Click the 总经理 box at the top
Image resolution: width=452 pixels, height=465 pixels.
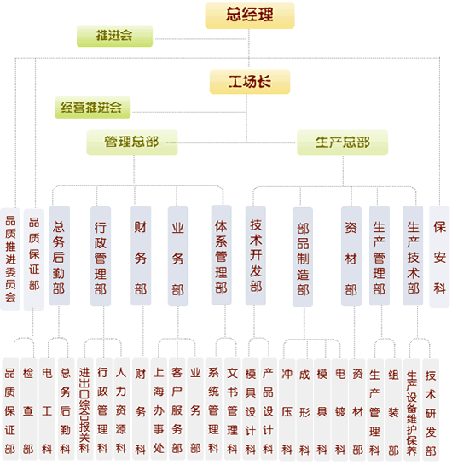point(250,15)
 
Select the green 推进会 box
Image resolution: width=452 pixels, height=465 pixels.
point(114,36)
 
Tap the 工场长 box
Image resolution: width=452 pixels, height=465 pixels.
point(250,82)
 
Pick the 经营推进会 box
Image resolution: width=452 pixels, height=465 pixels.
point(92,108)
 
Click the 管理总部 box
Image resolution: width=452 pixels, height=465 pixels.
point(132,142)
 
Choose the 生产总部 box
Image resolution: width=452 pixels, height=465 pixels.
point(342,142)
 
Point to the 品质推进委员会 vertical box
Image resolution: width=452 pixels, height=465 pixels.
point(10,259)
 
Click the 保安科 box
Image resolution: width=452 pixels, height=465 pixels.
point(439,257)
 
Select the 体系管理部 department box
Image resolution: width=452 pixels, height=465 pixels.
point(221,255)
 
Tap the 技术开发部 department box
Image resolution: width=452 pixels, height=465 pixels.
point(256,255)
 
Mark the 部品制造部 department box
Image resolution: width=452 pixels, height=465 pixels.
point(303,257)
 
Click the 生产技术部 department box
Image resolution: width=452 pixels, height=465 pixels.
point(413,255)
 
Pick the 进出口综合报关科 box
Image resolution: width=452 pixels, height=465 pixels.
point(85,410)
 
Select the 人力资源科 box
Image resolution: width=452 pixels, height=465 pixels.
point(121,410)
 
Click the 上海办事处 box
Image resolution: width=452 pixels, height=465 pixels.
point(159,410)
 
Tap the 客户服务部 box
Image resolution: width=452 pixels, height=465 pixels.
point(177,410)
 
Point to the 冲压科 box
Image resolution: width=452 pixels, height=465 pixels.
point(287,410)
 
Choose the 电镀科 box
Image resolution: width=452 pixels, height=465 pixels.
point(340,410)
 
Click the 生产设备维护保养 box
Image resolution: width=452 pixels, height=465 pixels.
point(412,410)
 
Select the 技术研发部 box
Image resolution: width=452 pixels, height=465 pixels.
point(431,410)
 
